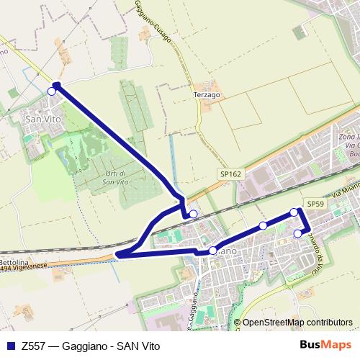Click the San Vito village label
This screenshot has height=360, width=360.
(x=42, y=119)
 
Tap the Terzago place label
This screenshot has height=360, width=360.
(x=207, y=94)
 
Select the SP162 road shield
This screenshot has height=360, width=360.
(x=231, y=174)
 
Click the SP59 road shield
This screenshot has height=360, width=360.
(x=315, y=204)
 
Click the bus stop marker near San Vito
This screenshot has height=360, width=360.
(x=51, y=91)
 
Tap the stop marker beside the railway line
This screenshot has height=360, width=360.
(x=193, y=214)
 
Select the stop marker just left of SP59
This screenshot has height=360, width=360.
(x=294, y=212)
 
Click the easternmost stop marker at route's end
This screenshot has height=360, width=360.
(x=298, y=233)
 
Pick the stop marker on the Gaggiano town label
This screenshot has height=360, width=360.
(x=212, y=251)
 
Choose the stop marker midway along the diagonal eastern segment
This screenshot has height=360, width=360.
(x=263, y=226)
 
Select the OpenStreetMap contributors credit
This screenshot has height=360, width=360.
(x=297, y=323)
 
